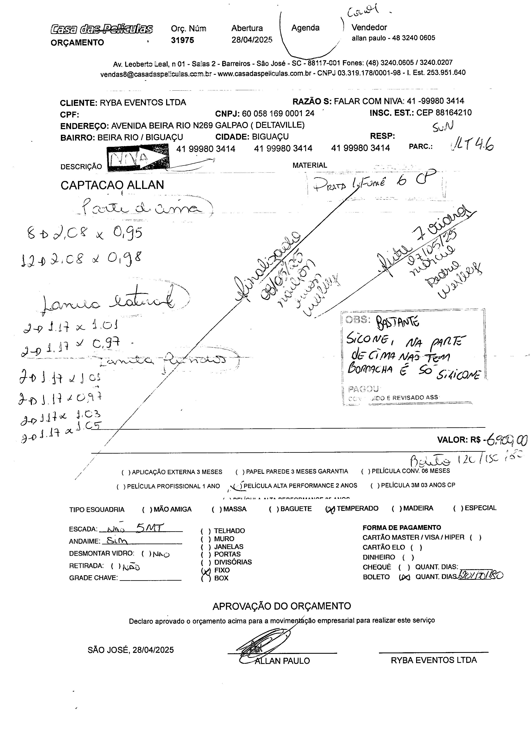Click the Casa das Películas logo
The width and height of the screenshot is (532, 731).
click(x=101, y=29)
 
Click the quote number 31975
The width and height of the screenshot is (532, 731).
click(x=182, y=40)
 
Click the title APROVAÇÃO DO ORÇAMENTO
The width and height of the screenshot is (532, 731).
click(x=281, y=606)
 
